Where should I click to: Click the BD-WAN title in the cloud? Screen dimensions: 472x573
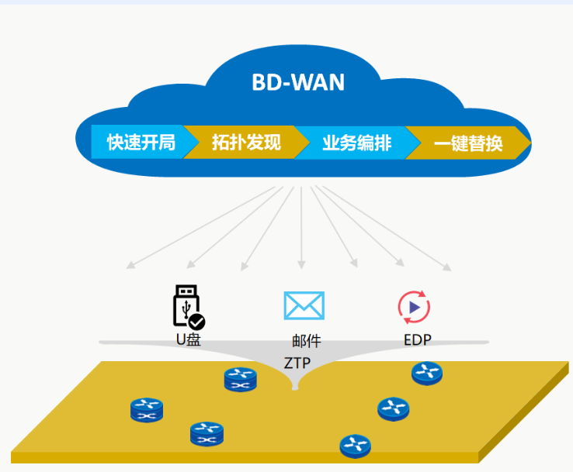point(298,82)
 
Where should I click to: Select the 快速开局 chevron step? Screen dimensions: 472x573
point(141,143)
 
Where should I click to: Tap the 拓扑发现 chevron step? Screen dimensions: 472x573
point(245,143)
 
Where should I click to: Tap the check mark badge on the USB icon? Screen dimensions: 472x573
point(197,321)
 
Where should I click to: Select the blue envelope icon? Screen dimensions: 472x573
point(304,306)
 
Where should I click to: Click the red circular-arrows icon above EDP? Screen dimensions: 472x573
point(414,307)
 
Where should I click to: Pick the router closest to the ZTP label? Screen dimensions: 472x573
point(240,379)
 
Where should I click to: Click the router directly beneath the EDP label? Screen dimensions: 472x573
point(426,373)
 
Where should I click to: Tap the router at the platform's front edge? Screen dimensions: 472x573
point(355,445)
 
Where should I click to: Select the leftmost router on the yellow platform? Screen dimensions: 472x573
point(147,408)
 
